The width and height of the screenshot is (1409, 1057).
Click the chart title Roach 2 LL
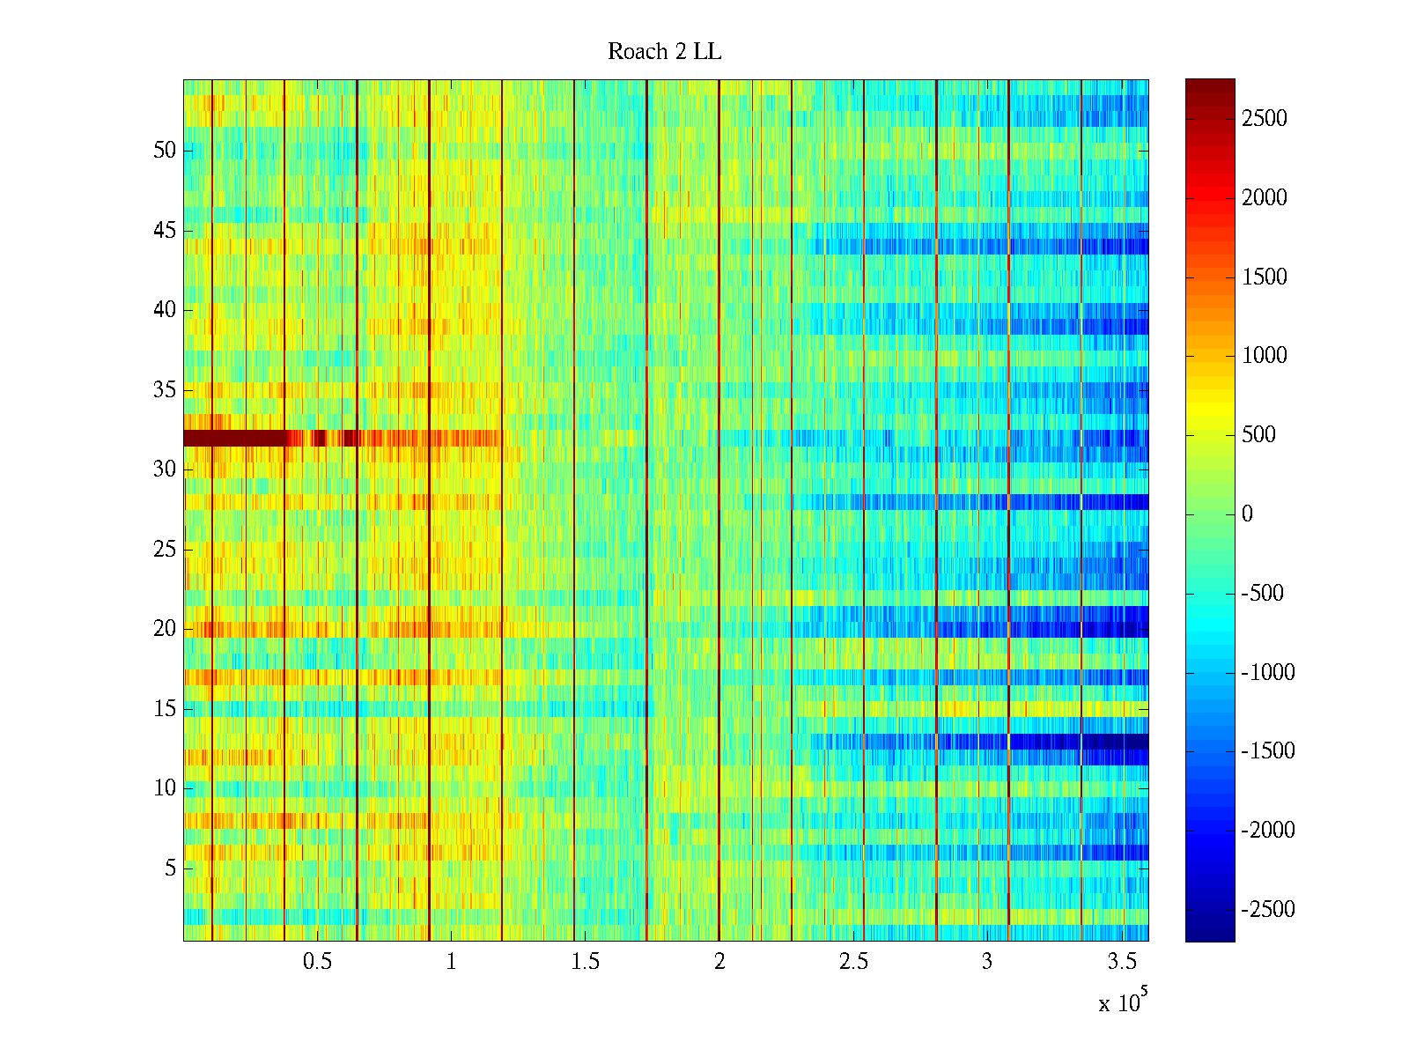tap(664, 52)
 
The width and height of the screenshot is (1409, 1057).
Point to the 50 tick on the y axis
tap(165, 151)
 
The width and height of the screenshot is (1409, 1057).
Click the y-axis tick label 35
tap(165, 390)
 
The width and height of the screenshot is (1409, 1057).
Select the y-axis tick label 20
tap(165, 629)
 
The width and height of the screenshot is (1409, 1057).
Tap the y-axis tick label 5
tap(170, 869)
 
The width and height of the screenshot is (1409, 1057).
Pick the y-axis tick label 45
tap(165, 231)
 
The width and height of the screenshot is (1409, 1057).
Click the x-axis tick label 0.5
tap(317, 962)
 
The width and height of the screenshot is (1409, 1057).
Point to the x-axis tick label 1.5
tap(585, 962)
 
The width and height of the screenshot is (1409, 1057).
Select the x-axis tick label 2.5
tap(852, 962)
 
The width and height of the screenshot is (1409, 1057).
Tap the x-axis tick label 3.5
tap(1121, 962)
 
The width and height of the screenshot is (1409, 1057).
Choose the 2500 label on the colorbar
tap(1264, 119)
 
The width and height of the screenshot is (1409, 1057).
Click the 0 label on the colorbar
tap(1247, 514)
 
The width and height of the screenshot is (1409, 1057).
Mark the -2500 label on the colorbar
tap(1268, 910)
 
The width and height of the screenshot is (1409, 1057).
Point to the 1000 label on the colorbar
tap(1264, 356)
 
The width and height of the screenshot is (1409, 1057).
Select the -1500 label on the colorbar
tap(1268, 751)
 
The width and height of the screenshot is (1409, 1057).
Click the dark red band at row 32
tap(233, 438)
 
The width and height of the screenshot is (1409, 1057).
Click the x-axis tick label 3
tap(987, 962)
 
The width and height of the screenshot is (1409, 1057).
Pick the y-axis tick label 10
tap(165, 788)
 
